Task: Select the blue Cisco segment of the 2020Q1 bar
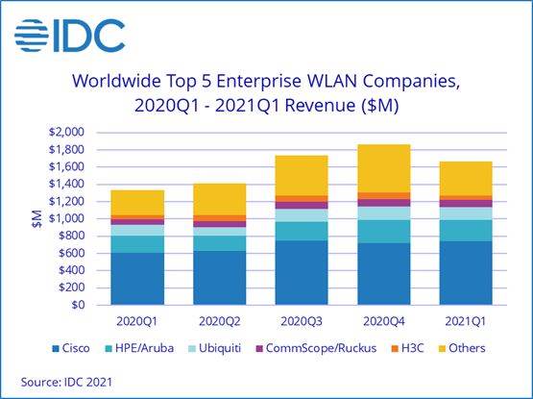tap(137, 279)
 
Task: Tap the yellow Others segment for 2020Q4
tap(384, 168)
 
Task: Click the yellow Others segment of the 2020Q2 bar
tap(220, 199)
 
